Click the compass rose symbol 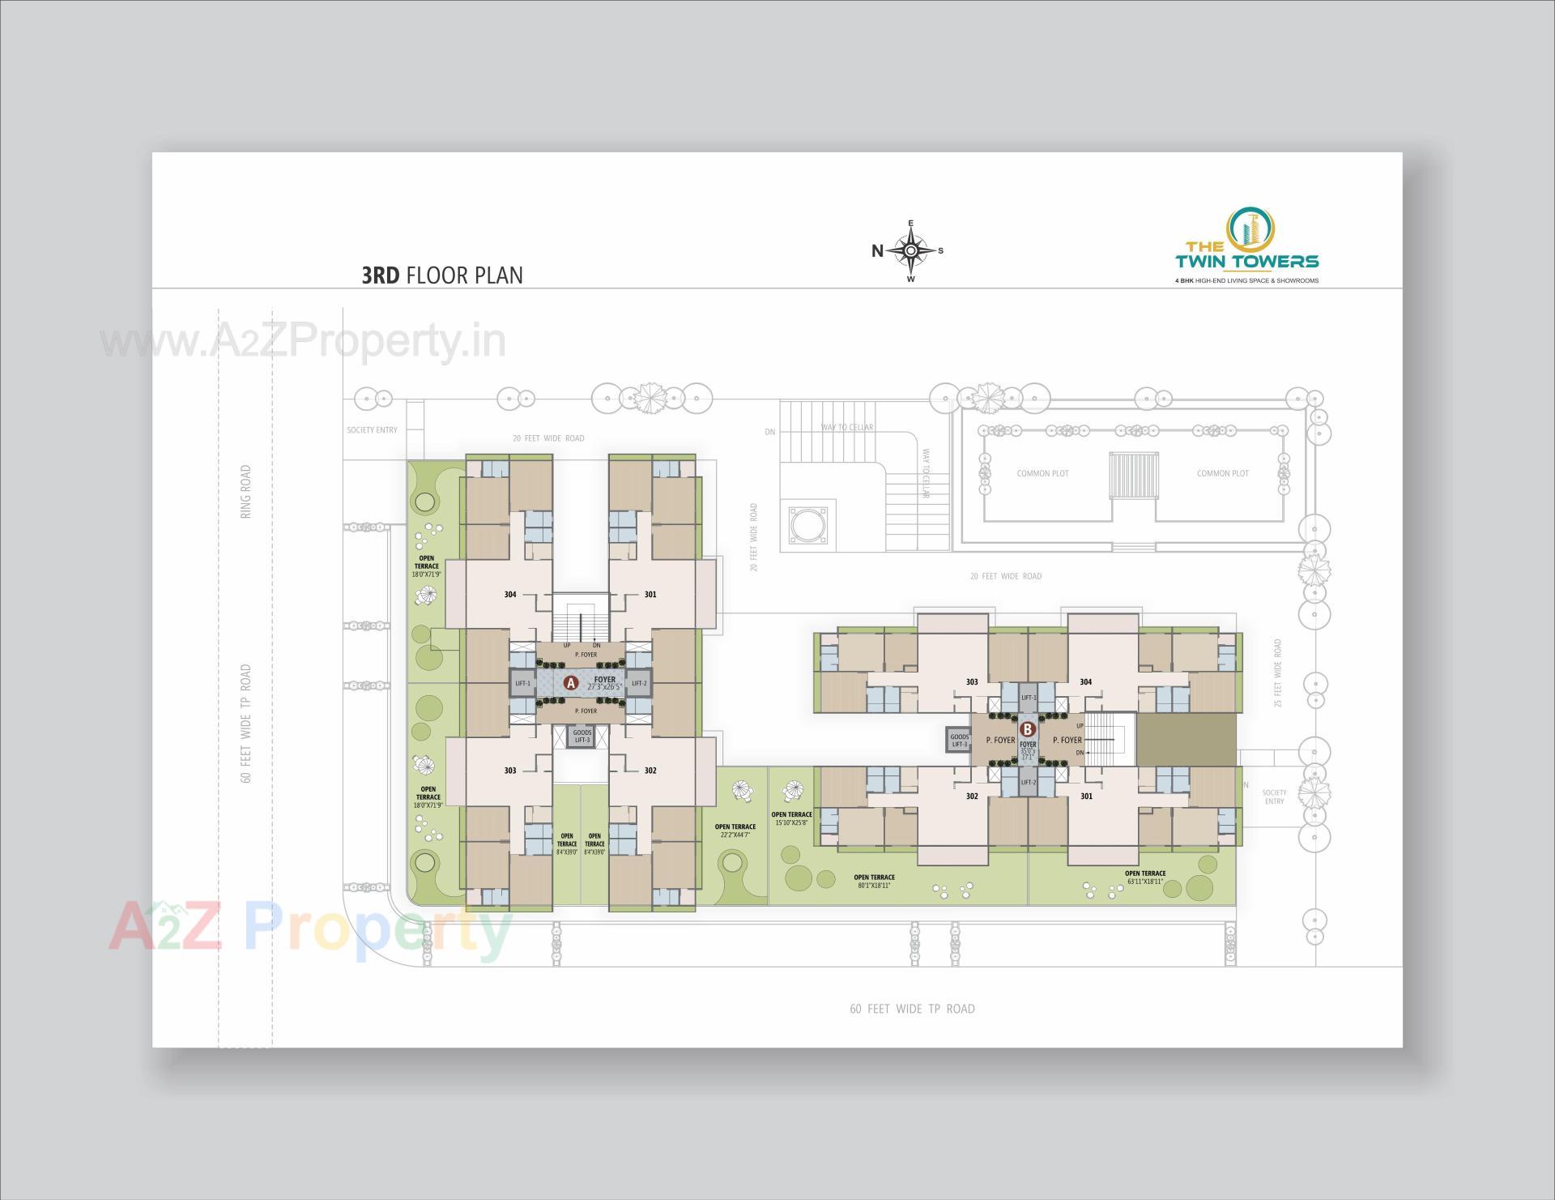coord(911,250)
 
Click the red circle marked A coord(571,683)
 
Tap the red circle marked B coord(1028,728)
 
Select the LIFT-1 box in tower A coord(523,683)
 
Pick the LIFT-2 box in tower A coord(639,683)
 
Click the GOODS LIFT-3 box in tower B coord(959,740)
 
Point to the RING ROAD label coord(245,491)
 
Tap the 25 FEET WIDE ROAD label coord(1278,673)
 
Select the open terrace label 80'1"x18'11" coord(874,882)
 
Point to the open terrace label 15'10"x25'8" coord(791,818)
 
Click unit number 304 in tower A coord(510,595)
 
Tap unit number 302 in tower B coord(972,796)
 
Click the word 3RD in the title coord(381,275)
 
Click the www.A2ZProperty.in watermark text coord(303,342)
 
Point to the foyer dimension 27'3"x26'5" coord(604,687)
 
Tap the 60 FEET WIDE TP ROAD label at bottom coord(912,1009)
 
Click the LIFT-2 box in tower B coord(1029,782)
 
